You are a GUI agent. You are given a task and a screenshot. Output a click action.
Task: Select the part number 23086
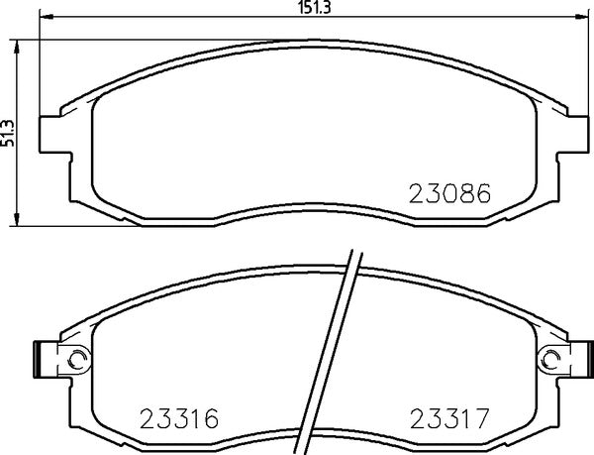(x=450, y=194)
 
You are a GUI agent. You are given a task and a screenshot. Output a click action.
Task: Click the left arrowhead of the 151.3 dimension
(x=45, y=18)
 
